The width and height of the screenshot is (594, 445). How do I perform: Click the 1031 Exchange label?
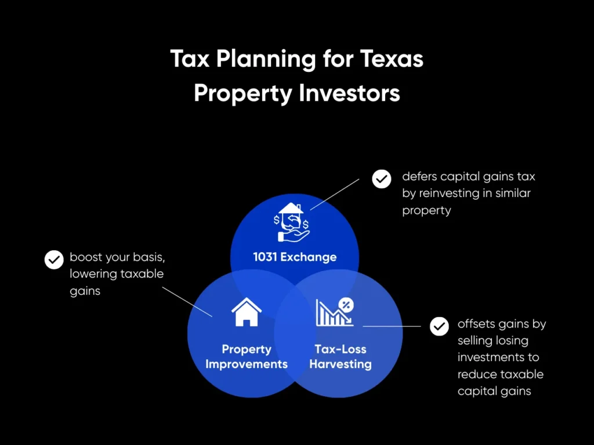click(295, 257)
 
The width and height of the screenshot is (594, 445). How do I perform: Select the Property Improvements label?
click(247, 356)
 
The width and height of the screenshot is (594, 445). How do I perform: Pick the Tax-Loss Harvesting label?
click(341, 356)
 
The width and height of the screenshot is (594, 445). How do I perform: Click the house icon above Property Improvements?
click(247, 313)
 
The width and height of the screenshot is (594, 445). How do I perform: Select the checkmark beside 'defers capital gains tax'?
click(381, 179)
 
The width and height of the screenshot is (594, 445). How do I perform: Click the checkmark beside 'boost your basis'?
click(54, 260)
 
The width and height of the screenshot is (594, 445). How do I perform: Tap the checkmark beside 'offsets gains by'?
click(439, 326)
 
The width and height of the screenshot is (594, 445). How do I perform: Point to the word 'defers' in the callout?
click(420, 176)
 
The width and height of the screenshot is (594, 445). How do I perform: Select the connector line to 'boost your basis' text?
click(187, 301)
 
